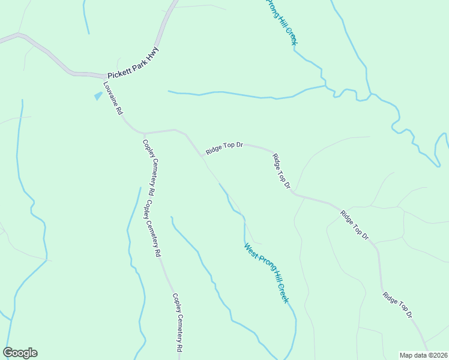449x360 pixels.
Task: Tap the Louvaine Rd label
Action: click(x=112, y=98)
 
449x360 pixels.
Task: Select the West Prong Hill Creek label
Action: click(x=267, y=272)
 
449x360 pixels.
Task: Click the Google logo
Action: click(x=20, y=353)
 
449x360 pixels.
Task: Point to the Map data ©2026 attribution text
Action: click(x=424, y=355)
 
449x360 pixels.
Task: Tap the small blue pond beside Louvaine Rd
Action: click(x=98, y=95)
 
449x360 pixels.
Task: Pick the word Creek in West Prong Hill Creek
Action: click(x=282, y=293)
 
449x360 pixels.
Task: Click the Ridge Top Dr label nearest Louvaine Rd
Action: click(x=224, y=148)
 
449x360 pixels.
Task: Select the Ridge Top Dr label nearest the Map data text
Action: click(x=398, y=305)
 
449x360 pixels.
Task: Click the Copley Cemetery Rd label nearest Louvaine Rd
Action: click(x=149, y=169)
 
